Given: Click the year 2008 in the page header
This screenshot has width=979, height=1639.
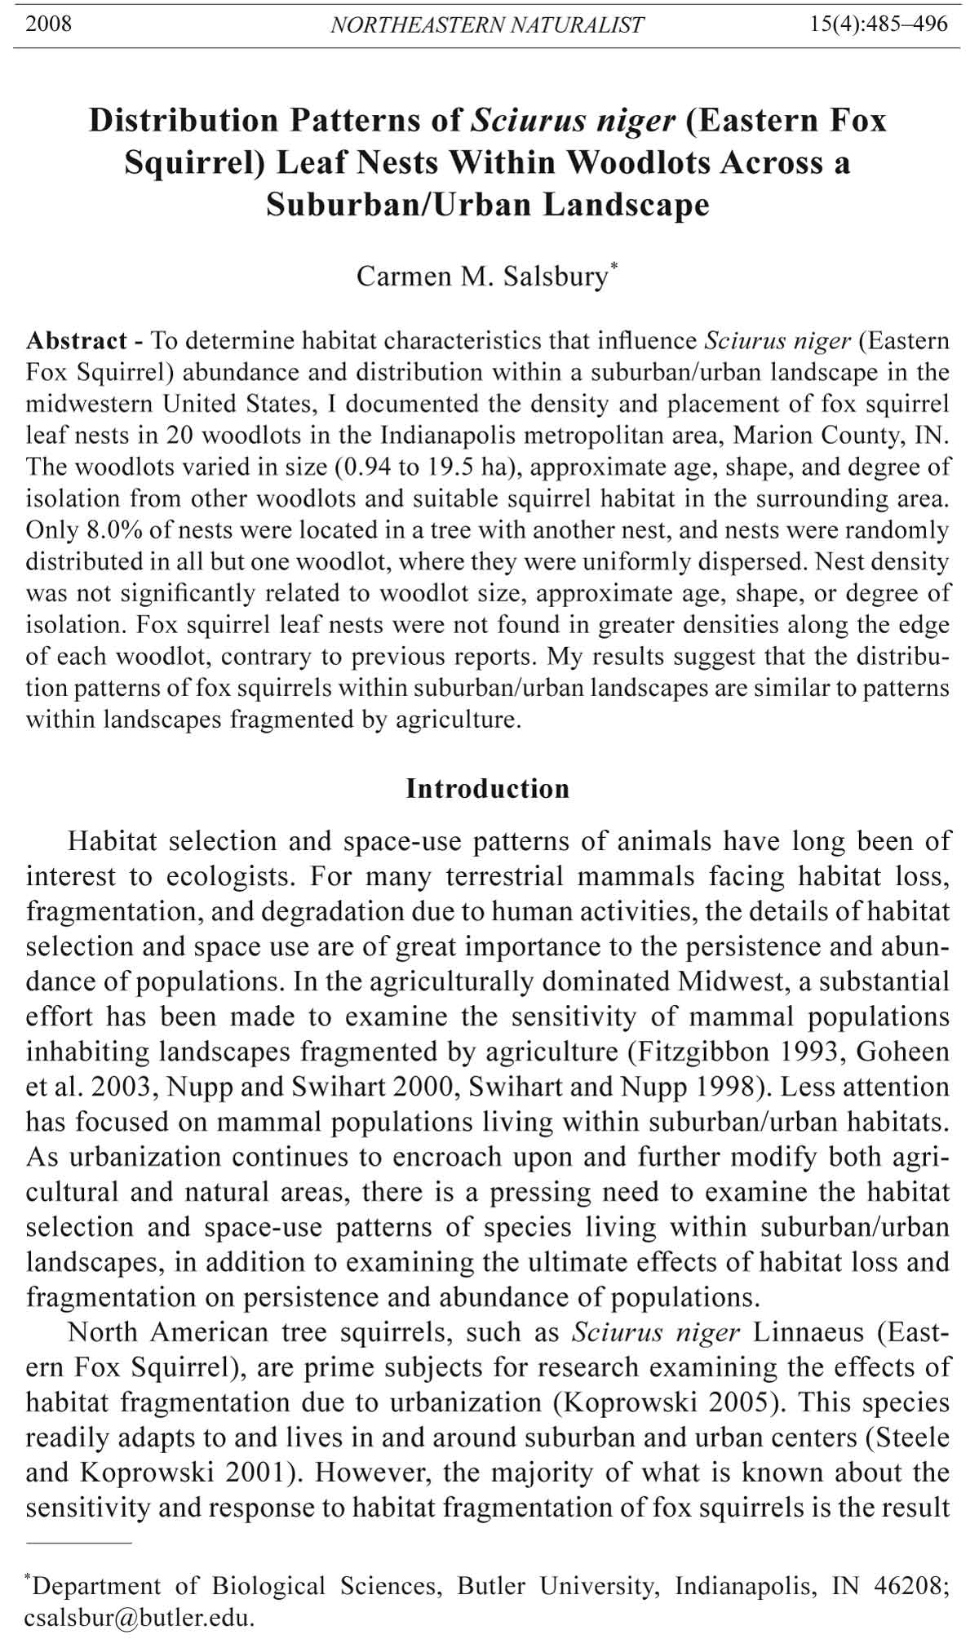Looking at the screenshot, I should click(x=49, y=24).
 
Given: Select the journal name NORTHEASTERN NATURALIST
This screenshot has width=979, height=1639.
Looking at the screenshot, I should click(x=487, y=25).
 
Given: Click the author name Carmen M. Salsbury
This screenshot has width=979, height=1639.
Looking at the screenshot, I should click(x=482, y=277).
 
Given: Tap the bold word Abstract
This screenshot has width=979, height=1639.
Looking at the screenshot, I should click(x=77, y=340).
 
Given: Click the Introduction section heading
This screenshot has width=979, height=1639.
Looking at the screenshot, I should click(x=488, y=789).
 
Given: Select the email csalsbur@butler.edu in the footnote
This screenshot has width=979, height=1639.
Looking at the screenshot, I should click(x=139, y=1618).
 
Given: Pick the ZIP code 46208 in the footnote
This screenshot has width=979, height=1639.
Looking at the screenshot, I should click(x=908, y=1586).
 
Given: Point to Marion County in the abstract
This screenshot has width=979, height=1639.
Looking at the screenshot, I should click(x=818, y=436).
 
